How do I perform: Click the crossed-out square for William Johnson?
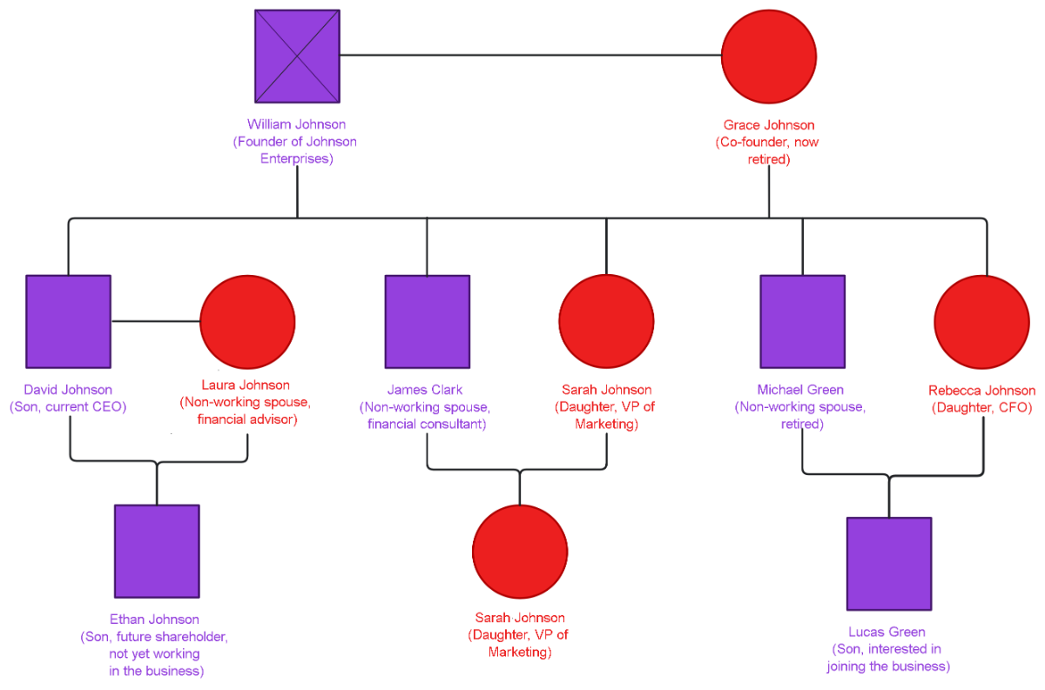coord(297,56)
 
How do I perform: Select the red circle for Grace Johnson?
coord(769,56)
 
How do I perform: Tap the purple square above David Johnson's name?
coord(68,321)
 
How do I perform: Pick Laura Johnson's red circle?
coord(247,322)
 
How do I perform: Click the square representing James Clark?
coord(427,321)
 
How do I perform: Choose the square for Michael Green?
coord(802,321)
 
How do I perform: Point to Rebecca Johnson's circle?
coord(982,322)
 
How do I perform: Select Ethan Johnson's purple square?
coord(157,551)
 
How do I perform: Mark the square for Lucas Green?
coord(889,564)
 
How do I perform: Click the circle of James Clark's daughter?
coord(520,552)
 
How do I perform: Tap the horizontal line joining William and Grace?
coord(529,56)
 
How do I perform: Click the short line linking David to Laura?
coord(155,321)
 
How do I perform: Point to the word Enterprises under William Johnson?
coord(296,159)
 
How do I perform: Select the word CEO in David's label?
coord(112,406)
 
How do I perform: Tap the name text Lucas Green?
coord(887,632)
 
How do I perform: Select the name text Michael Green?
coord(800,390)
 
